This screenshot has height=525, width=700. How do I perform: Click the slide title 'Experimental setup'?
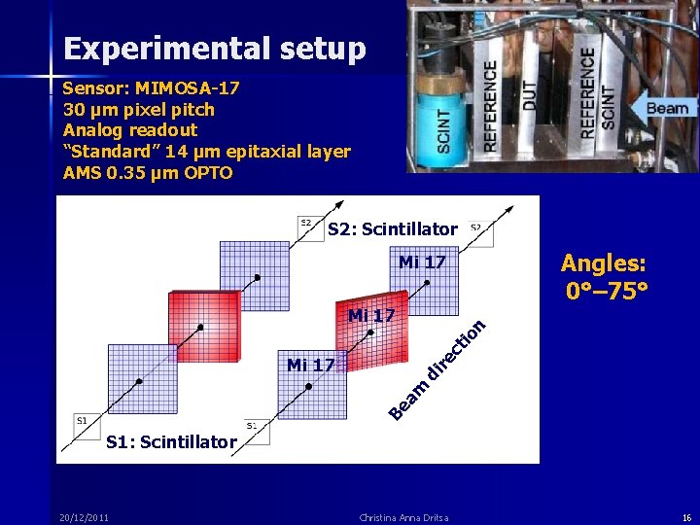click(214, 49)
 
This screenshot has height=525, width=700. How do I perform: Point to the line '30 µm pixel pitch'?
click(139, 110)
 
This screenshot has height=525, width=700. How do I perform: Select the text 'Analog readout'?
click(130, 130)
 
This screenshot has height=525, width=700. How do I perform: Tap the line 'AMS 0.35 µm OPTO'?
click(148, 173)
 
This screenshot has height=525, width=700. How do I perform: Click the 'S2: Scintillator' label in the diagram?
click(392, 230)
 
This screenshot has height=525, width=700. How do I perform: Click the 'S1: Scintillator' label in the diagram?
click(171, 442)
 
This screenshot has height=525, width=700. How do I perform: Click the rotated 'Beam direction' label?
click(437, 370)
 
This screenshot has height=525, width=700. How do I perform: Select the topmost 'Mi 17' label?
click(422, 262)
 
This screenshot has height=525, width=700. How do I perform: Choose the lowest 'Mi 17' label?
click(311, 366)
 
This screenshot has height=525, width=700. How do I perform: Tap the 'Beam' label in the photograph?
click(667, 109)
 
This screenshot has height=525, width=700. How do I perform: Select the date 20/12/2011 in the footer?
click(84, 516)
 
